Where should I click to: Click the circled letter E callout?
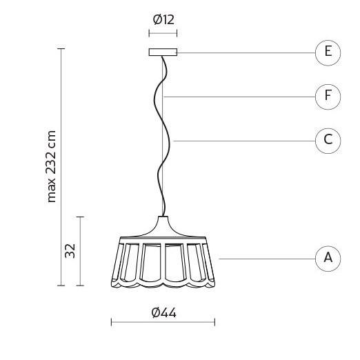328,53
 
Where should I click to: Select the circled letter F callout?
328,97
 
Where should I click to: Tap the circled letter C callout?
328,141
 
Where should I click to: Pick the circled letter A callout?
328,259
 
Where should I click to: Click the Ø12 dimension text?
163,19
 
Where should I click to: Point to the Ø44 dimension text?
163,312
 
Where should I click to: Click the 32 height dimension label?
70,251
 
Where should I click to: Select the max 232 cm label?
51,167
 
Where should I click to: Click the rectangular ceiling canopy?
163,52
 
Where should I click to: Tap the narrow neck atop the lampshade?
163,219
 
